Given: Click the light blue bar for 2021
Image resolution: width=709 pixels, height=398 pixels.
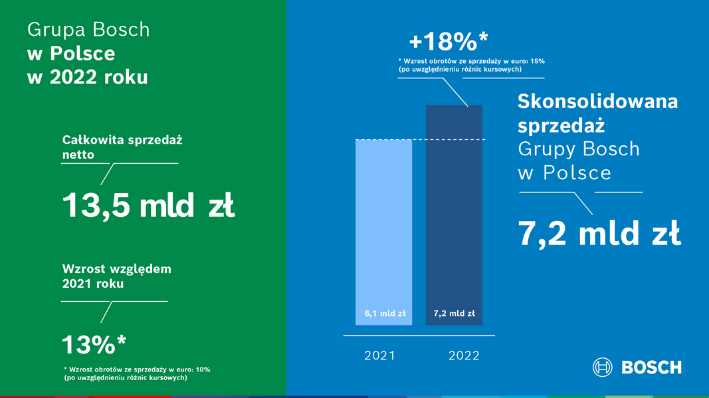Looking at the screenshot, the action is click(383, 232).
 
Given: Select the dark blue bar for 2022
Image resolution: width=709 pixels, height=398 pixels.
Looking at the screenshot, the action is click(454, 215).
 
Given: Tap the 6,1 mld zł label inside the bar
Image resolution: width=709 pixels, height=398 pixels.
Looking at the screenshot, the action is click(385, 313).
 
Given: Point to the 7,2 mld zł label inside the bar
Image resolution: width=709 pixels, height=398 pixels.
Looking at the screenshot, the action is click(454, 313).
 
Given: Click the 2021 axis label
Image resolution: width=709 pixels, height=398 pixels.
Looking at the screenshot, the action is click(380, 356).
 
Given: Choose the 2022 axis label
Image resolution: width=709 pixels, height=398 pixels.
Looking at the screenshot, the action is click(464, 356).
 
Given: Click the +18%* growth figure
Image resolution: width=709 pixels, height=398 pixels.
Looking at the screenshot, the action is click(449, 41).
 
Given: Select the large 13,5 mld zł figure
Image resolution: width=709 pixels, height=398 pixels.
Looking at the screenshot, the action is click(148, 206).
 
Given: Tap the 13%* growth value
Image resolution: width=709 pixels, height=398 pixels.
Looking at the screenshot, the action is click(94, 345).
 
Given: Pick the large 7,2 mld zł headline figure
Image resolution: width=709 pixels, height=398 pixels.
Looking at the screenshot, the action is click(599, 233).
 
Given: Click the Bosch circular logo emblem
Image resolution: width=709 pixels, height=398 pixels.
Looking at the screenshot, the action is click(602, 367).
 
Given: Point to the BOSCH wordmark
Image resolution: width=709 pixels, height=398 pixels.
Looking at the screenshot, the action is click(652, 367).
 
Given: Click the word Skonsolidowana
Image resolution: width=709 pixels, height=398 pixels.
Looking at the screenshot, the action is click(598, 101).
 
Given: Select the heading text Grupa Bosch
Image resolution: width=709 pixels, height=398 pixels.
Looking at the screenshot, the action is click(88, 30).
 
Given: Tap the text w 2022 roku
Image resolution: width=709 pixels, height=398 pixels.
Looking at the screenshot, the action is click(87, 77).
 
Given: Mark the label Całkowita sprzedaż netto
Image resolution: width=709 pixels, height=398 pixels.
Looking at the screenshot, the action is click(122, 147).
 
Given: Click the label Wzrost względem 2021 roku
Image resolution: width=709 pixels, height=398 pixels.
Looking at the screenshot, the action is click(117, 276).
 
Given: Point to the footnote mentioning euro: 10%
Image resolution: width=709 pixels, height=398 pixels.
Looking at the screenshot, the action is click(137, 373).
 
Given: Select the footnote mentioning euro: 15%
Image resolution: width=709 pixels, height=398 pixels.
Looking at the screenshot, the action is click(472, 65).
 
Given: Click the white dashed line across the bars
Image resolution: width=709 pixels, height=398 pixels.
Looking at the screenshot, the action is click(421, 139).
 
